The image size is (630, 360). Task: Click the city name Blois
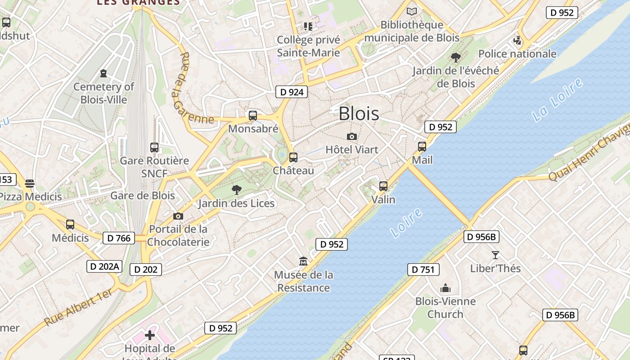click(x=359, y=114)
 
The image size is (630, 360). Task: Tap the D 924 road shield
click(x=291, y=92)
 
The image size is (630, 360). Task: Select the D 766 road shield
click(x=119, y=238)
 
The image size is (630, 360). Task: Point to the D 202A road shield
click(x=104, y=266)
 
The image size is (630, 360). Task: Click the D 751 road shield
click(x=423, y=270)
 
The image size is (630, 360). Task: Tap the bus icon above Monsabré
click(x=253, y=116)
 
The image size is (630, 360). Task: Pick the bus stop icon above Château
click(x=293, y=157)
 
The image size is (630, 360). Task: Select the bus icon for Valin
click(x=383, y=186)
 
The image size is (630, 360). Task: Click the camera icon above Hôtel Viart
click(x=352, y=136)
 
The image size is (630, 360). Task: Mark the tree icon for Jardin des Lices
click(x=236, y=190)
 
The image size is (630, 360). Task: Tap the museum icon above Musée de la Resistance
click(x=303, y=261)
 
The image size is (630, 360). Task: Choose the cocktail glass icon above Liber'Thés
click(x=495, y=255)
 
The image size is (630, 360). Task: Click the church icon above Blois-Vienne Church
click(x=445, y=288)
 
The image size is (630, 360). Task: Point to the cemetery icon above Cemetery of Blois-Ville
click(x=104, y=73)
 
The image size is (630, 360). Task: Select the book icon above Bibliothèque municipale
click(x=412, y=11)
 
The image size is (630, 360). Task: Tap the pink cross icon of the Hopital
click(x=150, y=335)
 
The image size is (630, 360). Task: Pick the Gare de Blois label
click(x=142, y=196)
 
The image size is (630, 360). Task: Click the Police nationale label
click(x=517, y=54)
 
